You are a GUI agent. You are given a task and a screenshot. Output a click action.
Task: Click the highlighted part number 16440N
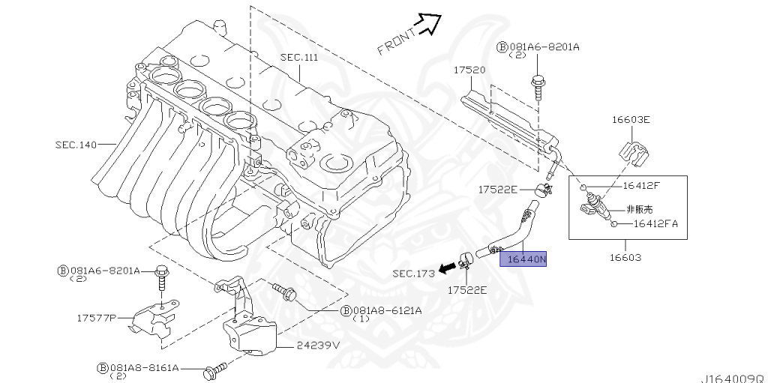tap(528, 260)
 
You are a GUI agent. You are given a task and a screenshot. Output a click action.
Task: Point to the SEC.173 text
tap(413, 274)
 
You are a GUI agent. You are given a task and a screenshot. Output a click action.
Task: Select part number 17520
tap(469, 70)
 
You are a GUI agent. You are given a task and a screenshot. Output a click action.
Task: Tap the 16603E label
tap(631, 119)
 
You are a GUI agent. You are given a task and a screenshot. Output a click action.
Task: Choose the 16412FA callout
tap(655, 223)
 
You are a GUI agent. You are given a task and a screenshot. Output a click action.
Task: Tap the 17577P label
tap(97, 318)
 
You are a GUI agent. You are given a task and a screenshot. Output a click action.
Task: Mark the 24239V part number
tap(319, 346)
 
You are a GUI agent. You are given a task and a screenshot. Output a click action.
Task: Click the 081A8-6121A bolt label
tap(386, 310)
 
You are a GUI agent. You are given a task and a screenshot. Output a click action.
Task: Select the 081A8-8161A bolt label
tap(143, 368)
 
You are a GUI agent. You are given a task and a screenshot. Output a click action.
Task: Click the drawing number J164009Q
tap(733, 378)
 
